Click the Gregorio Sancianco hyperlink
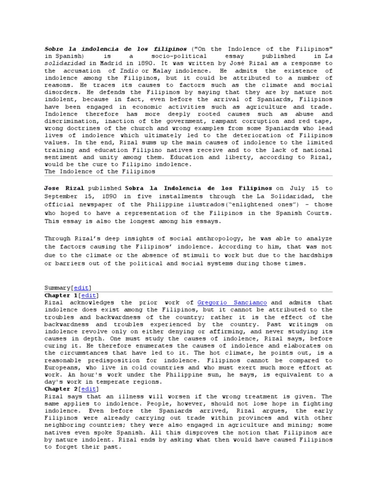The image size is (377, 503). (x=232, y=303)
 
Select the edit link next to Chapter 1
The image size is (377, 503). (x=89, y=295)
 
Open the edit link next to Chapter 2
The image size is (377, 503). (x=89, y=389)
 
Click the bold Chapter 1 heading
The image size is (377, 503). (x=61, y=295)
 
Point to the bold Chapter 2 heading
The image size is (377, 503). (x=61, y=389)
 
